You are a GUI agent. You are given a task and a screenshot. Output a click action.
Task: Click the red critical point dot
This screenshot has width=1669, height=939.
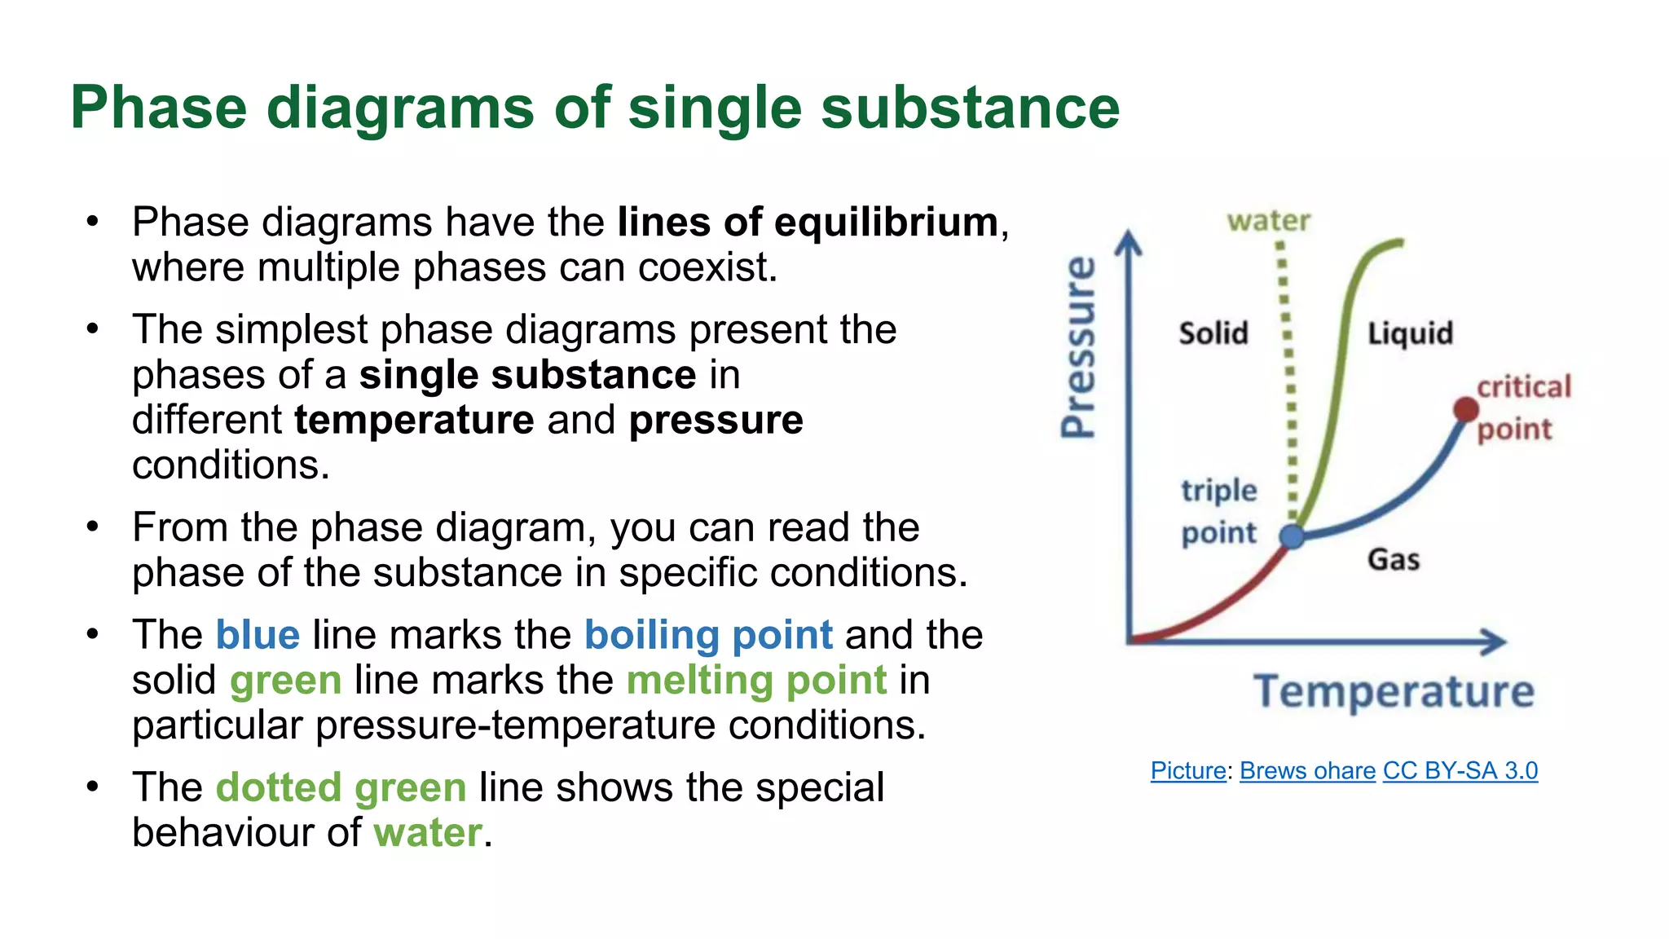point(1466,408)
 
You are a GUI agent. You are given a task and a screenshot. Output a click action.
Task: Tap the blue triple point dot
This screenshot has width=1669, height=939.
point(1292,536)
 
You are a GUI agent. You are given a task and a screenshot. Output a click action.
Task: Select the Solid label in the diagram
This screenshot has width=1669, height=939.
point(1213,333)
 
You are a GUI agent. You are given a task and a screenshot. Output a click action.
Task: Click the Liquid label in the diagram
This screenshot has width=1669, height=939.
point(1410,333)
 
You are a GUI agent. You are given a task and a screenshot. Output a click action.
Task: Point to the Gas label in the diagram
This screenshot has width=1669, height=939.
point(1394,560)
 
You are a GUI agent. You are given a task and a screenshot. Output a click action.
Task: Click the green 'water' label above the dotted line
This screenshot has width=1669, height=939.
point(1269,221)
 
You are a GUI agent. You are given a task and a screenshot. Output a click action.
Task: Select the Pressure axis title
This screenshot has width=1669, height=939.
point(1079,347)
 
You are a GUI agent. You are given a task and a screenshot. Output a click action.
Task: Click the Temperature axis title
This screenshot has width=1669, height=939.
point(1394,691)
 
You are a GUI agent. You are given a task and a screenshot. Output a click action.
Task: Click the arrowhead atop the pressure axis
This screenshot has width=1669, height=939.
point(1129,242)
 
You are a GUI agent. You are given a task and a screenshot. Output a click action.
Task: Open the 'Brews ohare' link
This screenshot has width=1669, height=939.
point(1307,770)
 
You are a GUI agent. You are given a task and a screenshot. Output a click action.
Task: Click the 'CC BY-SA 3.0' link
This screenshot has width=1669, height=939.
point(1460,770)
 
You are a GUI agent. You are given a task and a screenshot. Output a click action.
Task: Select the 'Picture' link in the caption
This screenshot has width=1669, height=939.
point(1188,770)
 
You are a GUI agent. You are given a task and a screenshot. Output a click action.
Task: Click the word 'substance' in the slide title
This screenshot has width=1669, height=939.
point(970,108)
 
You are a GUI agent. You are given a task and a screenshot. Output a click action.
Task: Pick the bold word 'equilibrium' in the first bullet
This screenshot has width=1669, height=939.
point(886,223)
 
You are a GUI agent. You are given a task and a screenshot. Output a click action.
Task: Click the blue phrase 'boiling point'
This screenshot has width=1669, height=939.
point(708,635)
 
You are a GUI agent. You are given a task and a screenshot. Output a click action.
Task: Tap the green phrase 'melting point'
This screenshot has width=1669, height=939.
point(756,680)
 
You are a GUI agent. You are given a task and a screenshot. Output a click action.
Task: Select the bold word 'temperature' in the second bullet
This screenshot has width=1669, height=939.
point(414,420)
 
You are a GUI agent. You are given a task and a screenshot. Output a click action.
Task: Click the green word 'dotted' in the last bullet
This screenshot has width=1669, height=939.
point(278,787)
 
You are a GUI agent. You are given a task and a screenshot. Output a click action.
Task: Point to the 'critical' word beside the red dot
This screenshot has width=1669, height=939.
point(1524,386)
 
